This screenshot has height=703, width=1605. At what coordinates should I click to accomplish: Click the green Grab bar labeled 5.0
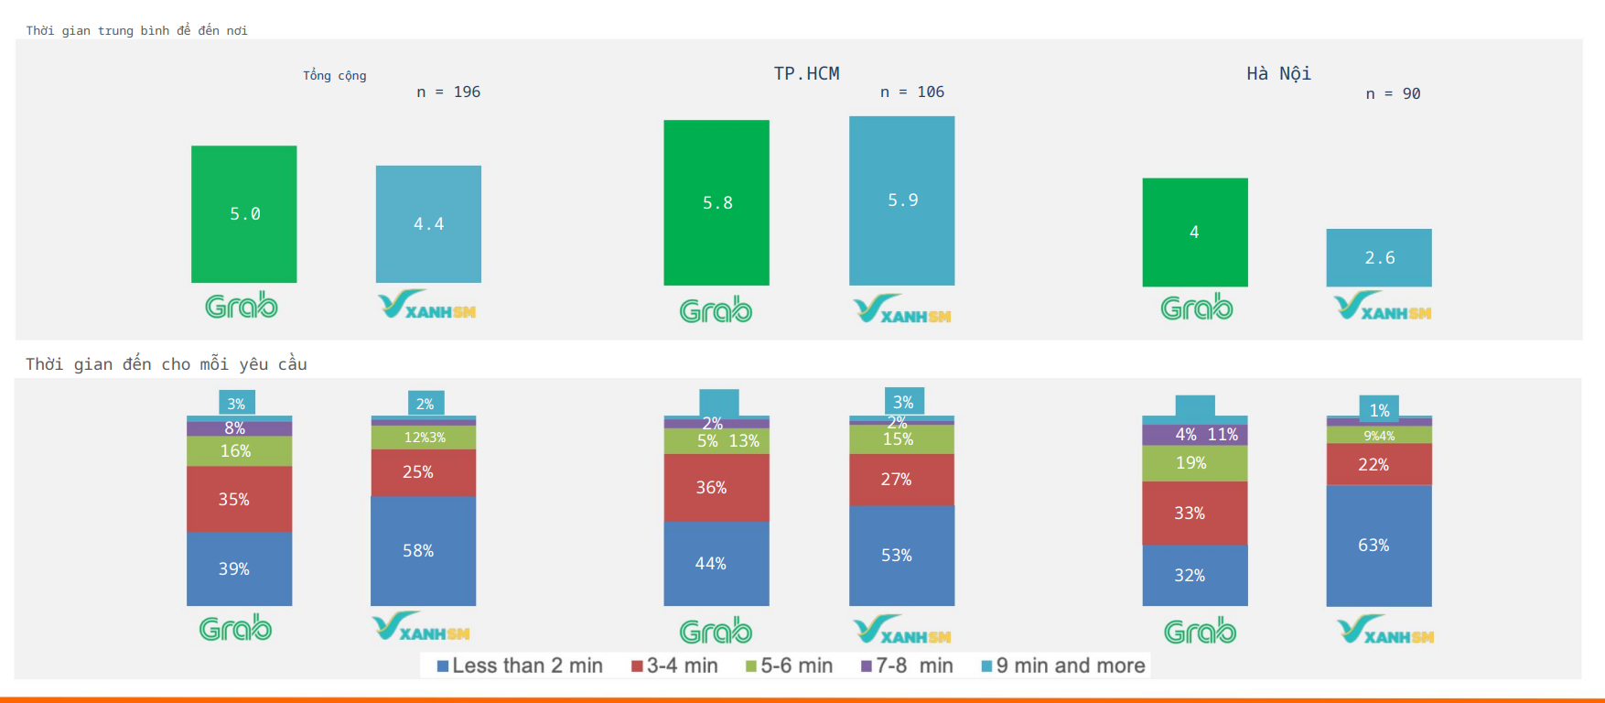pos(243,213)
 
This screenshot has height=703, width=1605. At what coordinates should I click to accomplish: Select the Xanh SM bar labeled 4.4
pos(428,223)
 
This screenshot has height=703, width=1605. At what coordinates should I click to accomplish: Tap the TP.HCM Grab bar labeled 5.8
pos(716,202)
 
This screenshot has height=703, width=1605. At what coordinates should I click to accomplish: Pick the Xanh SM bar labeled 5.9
pos(901,200)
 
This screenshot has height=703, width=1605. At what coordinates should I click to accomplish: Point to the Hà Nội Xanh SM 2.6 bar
pos(1379,257)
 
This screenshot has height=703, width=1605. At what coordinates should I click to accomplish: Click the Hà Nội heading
pos(1278,73)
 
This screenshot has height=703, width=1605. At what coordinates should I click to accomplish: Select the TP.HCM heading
pos(806,73)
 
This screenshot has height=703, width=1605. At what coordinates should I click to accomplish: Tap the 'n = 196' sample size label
pos(448,92)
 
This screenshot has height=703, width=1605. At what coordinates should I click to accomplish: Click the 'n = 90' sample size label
pos(1393,93)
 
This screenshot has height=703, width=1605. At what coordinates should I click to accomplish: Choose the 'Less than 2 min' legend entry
pos(520,665)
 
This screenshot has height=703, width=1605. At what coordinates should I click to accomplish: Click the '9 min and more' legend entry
pos(1063,665)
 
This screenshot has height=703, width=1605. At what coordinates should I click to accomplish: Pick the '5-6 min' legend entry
pos(789,665)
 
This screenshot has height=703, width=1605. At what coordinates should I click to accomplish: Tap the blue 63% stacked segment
pos(1379,546)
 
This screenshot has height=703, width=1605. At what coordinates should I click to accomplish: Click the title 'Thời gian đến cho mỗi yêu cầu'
pos(167,363)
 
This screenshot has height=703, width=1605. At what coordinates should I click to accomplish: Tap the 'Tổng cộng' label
pos(335,75)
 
